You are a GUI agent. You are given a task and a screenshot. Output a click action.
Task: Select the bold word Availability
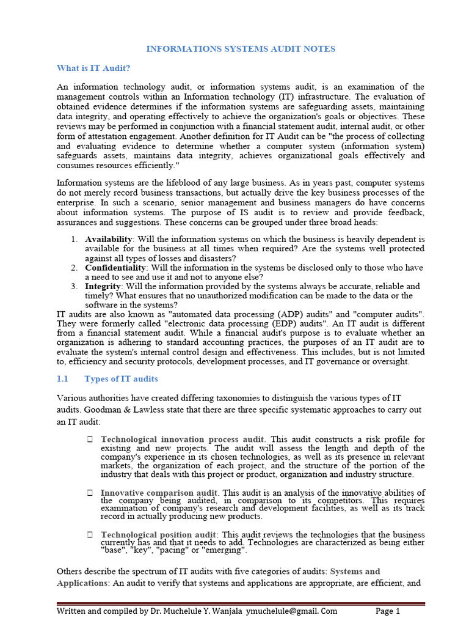(x=107, y=239)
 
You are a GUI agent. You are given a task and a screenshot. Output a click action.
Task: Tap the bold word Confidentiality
(x=115, y=268)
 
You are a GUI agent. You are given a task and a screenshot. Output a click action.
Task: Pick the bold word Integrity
(x=103, y=286)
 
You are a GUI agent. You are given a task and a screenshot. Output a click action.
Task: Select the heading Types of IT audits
(x=121, y=379)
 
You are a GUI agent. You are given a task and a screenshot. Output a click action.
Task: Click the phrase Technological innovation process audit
(x=183, y=440)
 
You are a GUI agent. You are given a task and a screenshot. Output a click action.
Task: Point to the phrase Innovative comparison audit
(x=159, y=493)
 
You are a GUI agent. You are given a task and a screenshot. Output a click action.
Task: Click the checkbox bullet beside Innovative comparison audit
(x=90, y=493)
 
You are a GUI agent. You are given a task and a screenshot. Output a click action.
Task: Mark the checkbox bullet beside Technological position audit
(x=90, y=534)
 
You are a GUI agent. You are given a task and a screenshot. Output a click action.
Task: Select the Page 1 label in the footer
(x=387, y=611)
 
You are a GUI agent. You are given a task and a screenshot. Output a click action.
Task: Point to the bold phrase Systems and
(x=355, y=572)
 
